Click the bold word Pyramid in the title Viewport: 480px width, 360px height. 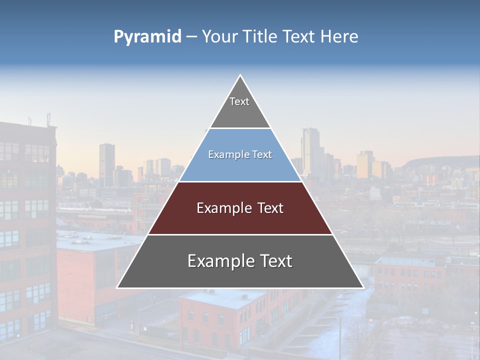coord(147,37)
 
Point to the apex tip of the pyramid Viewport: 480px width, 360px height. coord(240,76)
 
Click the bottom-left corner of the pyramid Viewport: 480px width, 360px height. coord(118,287)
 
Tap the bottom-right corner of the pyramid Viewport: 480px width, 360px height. coord(362,287)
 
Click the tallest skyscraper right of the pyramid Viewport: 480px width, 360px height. coord(310,150)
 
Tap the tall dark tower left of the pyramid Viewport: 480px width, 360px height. coord(106,162)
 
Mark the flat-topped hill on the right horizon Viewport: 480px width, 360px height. coord(440,162)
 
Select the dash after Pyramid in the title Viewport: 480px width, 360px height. coord(191,37)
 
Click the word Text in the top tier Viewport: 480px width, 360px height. coord(239,101)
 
